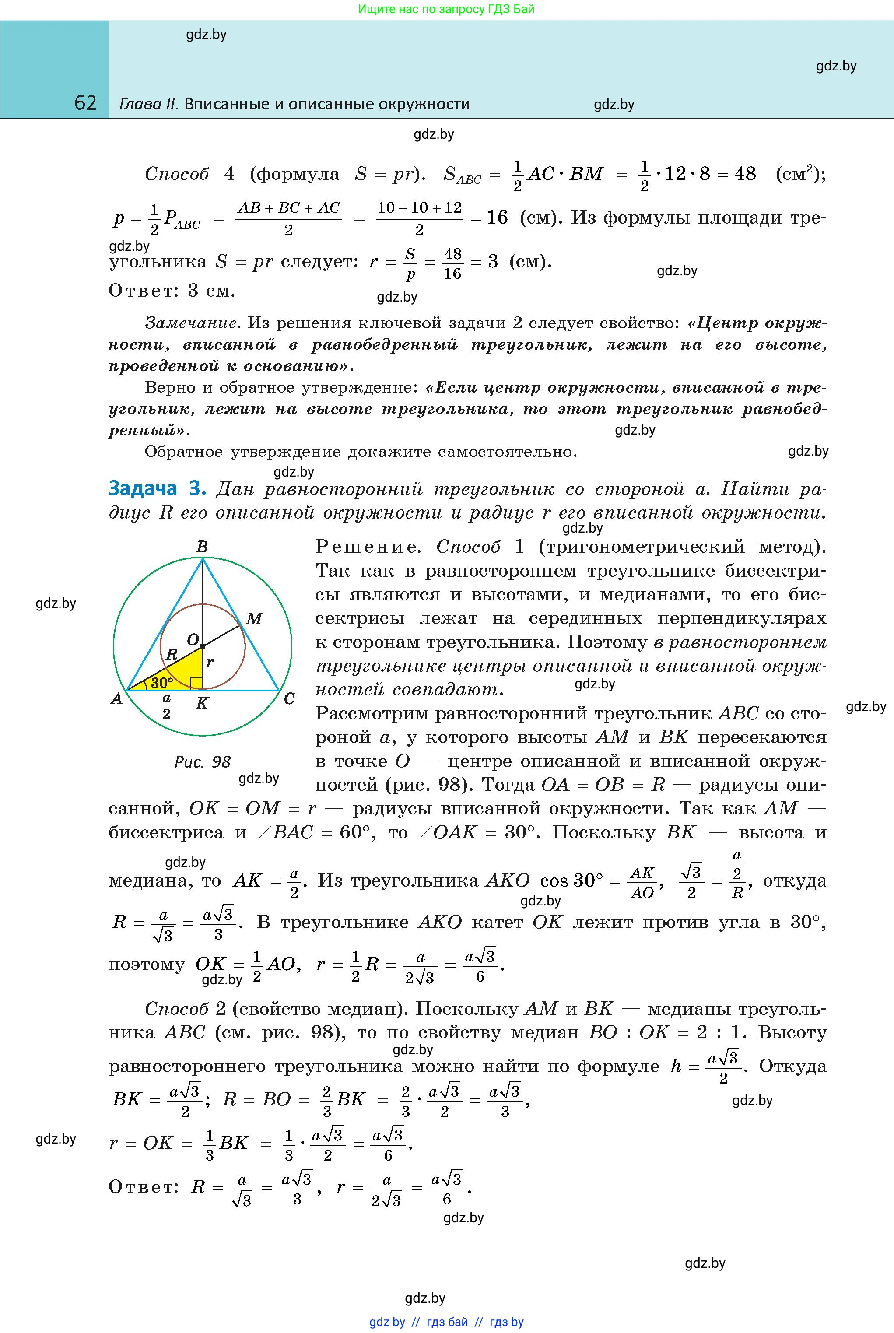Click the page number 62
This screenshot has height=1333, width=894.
pos(85,103)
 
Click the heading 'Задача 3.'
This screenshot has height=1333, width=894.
pos(157,489)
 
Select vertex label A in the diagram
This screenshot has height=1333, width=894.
pos(117,698)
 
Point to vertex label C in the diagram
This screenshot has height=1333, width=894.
pos(289,698)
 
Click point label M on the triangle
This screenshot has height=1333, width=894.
pos(254,619)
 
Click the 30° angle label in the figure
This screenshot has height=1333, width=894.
pos(162,682)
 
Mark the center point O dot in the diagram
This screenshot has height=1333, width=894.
pos(203,646)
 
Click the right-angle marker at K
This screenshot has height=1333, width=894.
pos(196,684)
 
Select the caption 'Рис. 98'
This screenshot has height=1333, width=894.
pos(203,762)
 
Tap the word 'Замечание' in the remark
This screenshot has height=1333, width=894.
pos(191,323)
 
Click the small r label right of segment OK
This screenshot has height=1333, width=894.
pos(210,663)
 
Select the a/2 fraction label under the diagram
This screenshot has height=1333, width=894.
pos(166,706)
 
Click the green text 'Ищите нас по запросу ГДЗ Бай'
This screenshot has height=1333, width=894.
pos(446,9)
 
